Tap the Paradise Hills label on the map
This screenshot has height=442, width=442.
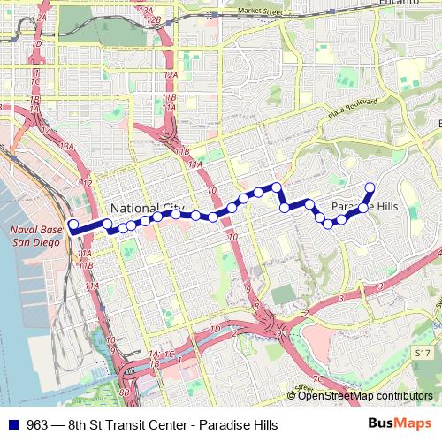364,206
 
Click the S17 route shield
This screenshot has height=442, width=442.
423,352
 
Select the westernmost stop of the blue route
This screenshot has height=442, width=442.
72,225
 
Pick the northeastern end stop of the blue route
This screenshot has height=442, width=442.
370,187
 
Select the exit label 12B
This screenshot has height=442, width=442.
153,19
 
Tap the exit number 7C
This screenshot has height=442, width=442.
319,379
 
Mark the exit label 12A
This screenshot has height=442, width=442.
169,77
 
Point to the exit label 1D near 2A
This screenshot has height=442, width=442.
36,43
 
